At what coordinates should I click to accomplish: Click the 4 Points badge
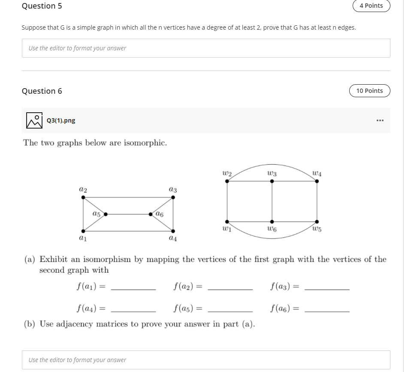tap(371, 6)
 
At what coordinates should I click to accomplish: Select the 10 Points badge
tap(369, 91)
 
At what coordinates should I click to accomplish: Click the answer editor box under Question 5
tap(206, 48)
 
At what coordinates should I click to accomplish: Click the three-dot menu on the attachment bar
tap(379, 120)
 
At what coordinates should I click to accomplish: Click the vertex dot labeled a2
tap(83, 197)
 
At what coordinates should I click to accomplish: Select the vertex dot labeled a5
tap(105, 214)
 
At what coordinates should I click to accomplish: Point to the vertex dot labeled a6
tap(151, 214)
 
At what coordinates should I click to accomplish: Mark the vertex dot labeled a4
tap(173, 230)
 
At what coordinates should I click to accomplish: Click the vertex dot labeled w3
tap(272, 181)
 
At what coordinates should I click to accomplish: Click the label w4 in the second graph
tap(317, 173)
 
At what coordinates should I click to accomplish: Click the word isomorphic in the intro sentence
tap(145, 143)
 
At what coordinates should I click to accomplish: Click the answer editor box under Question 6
tap(206, 360)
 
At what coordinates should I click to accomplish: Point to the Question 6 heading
tap(42, 91)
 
